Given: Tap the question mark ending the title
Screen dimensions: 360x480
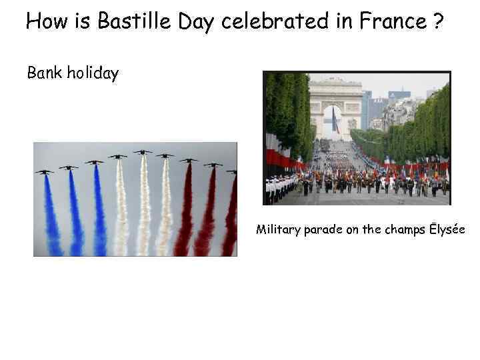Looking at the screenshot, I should click(437, 22).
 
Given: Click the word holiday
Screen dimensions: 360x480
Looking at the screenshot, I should click(93, 73).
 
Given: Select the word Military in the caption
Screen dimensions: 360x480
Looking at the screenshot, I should click(278, 230).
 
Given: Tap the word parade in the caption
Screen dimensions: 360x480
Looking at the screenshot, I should click(323, 231).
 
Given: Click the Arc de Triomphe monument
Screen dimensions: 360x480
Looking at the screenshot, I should click(335, 107).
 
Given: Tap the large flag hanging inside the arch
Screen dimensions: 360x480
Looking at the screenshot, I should click(335, 121).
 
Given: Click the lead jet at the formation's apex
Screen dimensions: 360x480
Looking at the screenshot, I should click(142, 152).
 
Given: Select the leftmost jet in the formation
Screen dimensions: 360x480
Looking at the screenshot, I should click(44, 171).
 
